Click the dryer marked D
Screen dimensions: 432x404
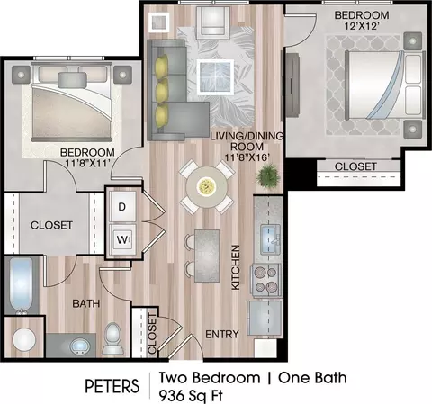click(122, 207)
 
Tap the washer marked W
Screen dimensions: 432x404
click(122, 239)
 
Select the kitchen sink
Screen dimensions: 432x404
click(270, 239)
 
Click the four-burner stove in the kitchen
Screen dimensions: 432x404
click(265, 279)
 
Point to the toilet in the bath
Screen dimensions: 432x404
click(113, 338)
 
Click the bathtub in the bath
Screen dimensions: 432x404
click(21, 285)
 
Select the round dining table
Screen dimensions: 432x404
click(206, 187)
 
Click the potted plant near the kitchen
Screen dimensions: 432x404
click(267, 176)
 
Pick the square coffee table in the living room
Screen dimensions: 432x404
click(215, 77)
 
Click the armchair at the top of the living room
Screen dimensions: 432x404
click(212, 23)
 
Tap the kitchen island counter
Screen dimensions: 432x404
click(207, 256)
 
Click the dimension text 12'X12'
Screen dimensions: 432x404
click(361, 26)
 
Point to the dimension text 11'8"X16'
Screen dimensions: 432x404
click(247, 157)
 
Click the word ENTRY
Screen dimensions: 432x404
click(222, 334)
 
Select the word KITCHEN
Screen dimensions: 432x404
click(236, 267)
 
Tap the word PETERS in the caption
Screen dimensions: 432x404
click(112, 386)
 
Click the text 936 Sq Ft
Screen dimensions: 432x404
click(191, 396)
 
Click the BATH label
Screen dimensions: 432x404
click(86, 303)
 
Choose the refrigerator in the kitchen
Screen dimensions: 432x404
click(265, 318)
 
